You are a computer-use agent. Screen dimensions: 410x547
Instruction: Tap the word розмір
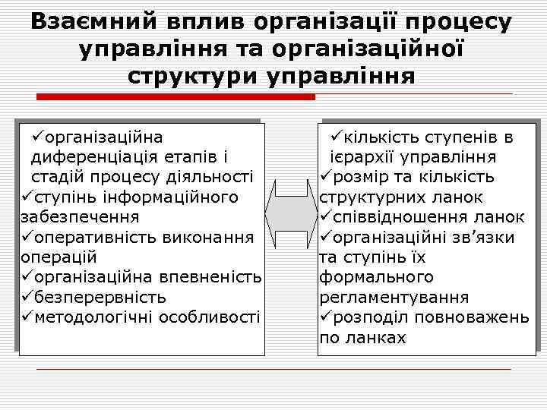[x=360, y=178]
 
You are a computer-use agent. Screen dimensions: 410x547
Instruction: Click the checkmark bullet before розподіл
[x=325, y=317]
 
